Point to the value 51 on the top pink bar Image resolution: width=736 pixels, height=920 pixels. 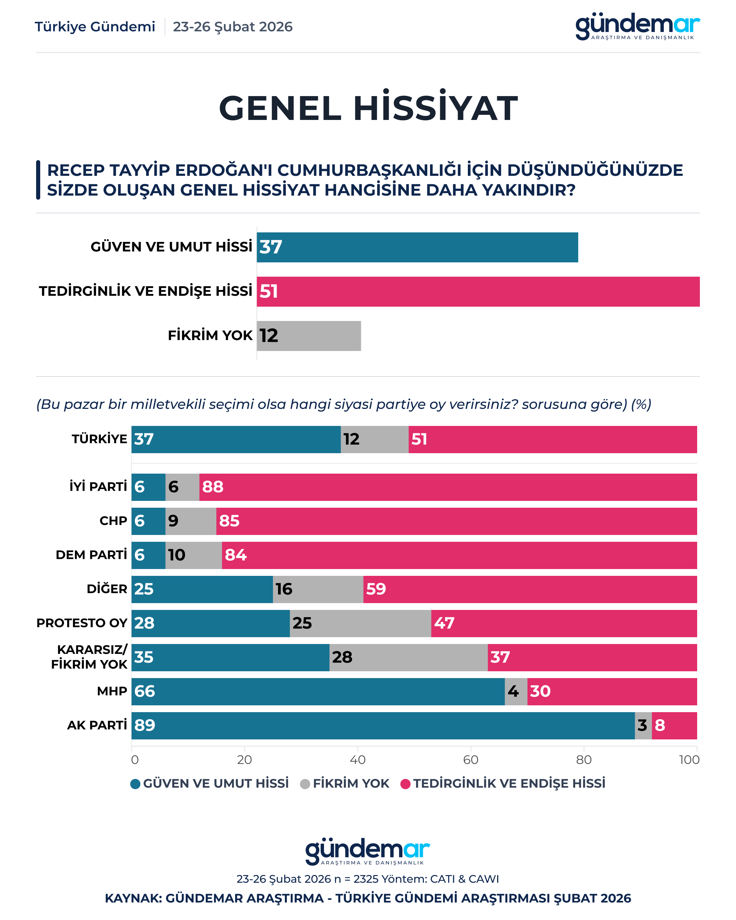(x=269, y=291)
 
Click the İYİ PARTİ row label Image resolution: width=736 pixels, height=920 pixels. (x=98, y=487)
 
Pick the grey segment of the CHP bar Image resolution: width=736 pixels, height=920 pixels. (x=191, y=521)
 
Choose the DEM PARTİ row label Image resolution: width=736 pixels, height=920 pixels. (x=91, y=555)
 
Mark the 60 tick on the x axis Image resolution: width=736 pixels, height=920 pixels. (x=471, y=760)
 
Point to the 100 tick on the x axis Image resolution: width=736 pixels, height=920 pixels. (x=689, y=760)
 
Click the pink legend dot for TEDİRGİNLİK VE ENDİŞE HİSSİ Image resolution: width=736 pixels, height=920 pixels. (x=405, y=784)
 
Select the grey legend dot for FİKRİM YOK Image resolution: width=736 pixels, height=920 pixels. (x=305, y=784)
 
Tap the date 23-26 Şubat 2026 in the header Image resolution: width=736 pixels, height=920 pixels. (x=232, y=27)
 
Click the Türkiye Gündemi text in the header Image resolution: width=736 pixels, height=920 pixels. (x=95, y=27)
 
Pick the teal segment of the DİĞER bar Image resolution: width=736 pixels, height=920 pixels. (x=202, y=589)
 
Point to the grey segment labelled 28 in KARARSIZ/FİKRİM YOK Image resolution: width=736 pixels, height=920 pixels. (x=408, y=657)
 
